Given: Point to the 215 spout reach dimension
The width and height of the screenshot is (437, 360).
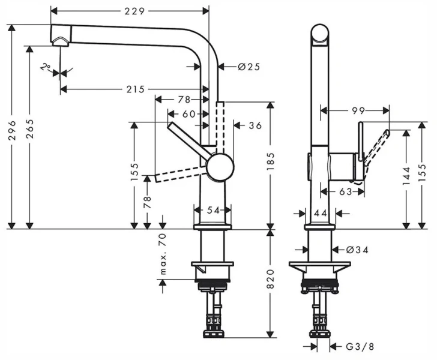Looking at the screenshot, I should click(135, 89).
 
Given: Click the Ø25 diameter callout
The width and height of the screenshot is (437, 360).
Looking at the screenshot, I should click(248, 67).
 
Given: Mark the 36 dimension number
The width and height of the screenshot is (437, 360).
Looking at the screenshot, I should click(255, 125).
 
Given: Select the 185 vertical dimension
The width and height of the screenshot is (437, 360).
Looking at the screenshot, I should click(271, 162).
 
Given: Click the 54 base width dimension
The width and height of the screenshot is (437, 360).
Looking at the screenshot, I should click(213, 210).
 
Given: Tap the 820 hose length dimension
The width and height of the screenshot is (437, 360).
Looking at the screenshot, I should click(271, 281).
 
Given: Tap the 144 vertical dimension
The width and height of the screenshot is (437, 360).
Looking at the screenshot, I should click(408, 174).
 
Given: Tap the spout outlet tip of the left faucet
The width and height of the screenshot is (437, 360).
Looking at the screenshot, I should click(61, 40).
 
